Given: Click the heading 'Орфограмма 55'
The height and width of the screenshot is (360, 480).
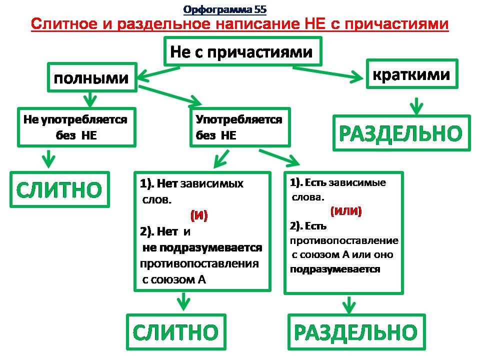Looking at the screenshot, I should click(225, 9).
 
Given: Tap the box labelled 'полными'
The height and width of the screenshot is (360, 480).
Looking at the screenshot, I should click(91, 77).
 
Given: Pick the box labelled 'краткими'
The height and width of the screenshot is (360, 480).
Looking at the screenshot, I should click(411, 74).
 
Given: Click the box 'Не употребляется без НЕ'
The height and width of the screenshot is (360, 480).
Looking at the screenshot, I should click(76, 127).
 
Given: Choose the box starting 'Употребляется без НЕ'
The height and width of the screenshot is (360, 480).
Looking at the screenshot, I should click(239, 127).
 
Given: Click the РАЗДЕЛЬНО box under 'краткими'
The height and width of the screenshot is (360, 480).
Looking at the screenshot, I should click(401, 132).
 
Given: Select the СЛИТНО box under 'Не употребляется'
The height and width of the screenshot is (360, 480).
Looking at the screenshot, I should click(59, 188).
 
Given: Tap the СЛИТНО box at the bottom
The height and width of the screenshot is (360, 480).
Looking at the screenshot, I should click(175, 331).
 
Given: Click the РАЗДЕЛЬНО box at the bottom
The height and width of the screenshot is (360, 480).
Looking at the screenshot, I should click(355, 331).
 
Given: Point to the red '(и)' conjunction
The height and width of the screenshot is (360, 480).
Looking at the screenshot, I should click(198, 215).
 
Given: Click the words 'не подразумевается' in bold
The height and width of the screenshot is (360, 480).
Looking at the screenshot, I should click(202, 247).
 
